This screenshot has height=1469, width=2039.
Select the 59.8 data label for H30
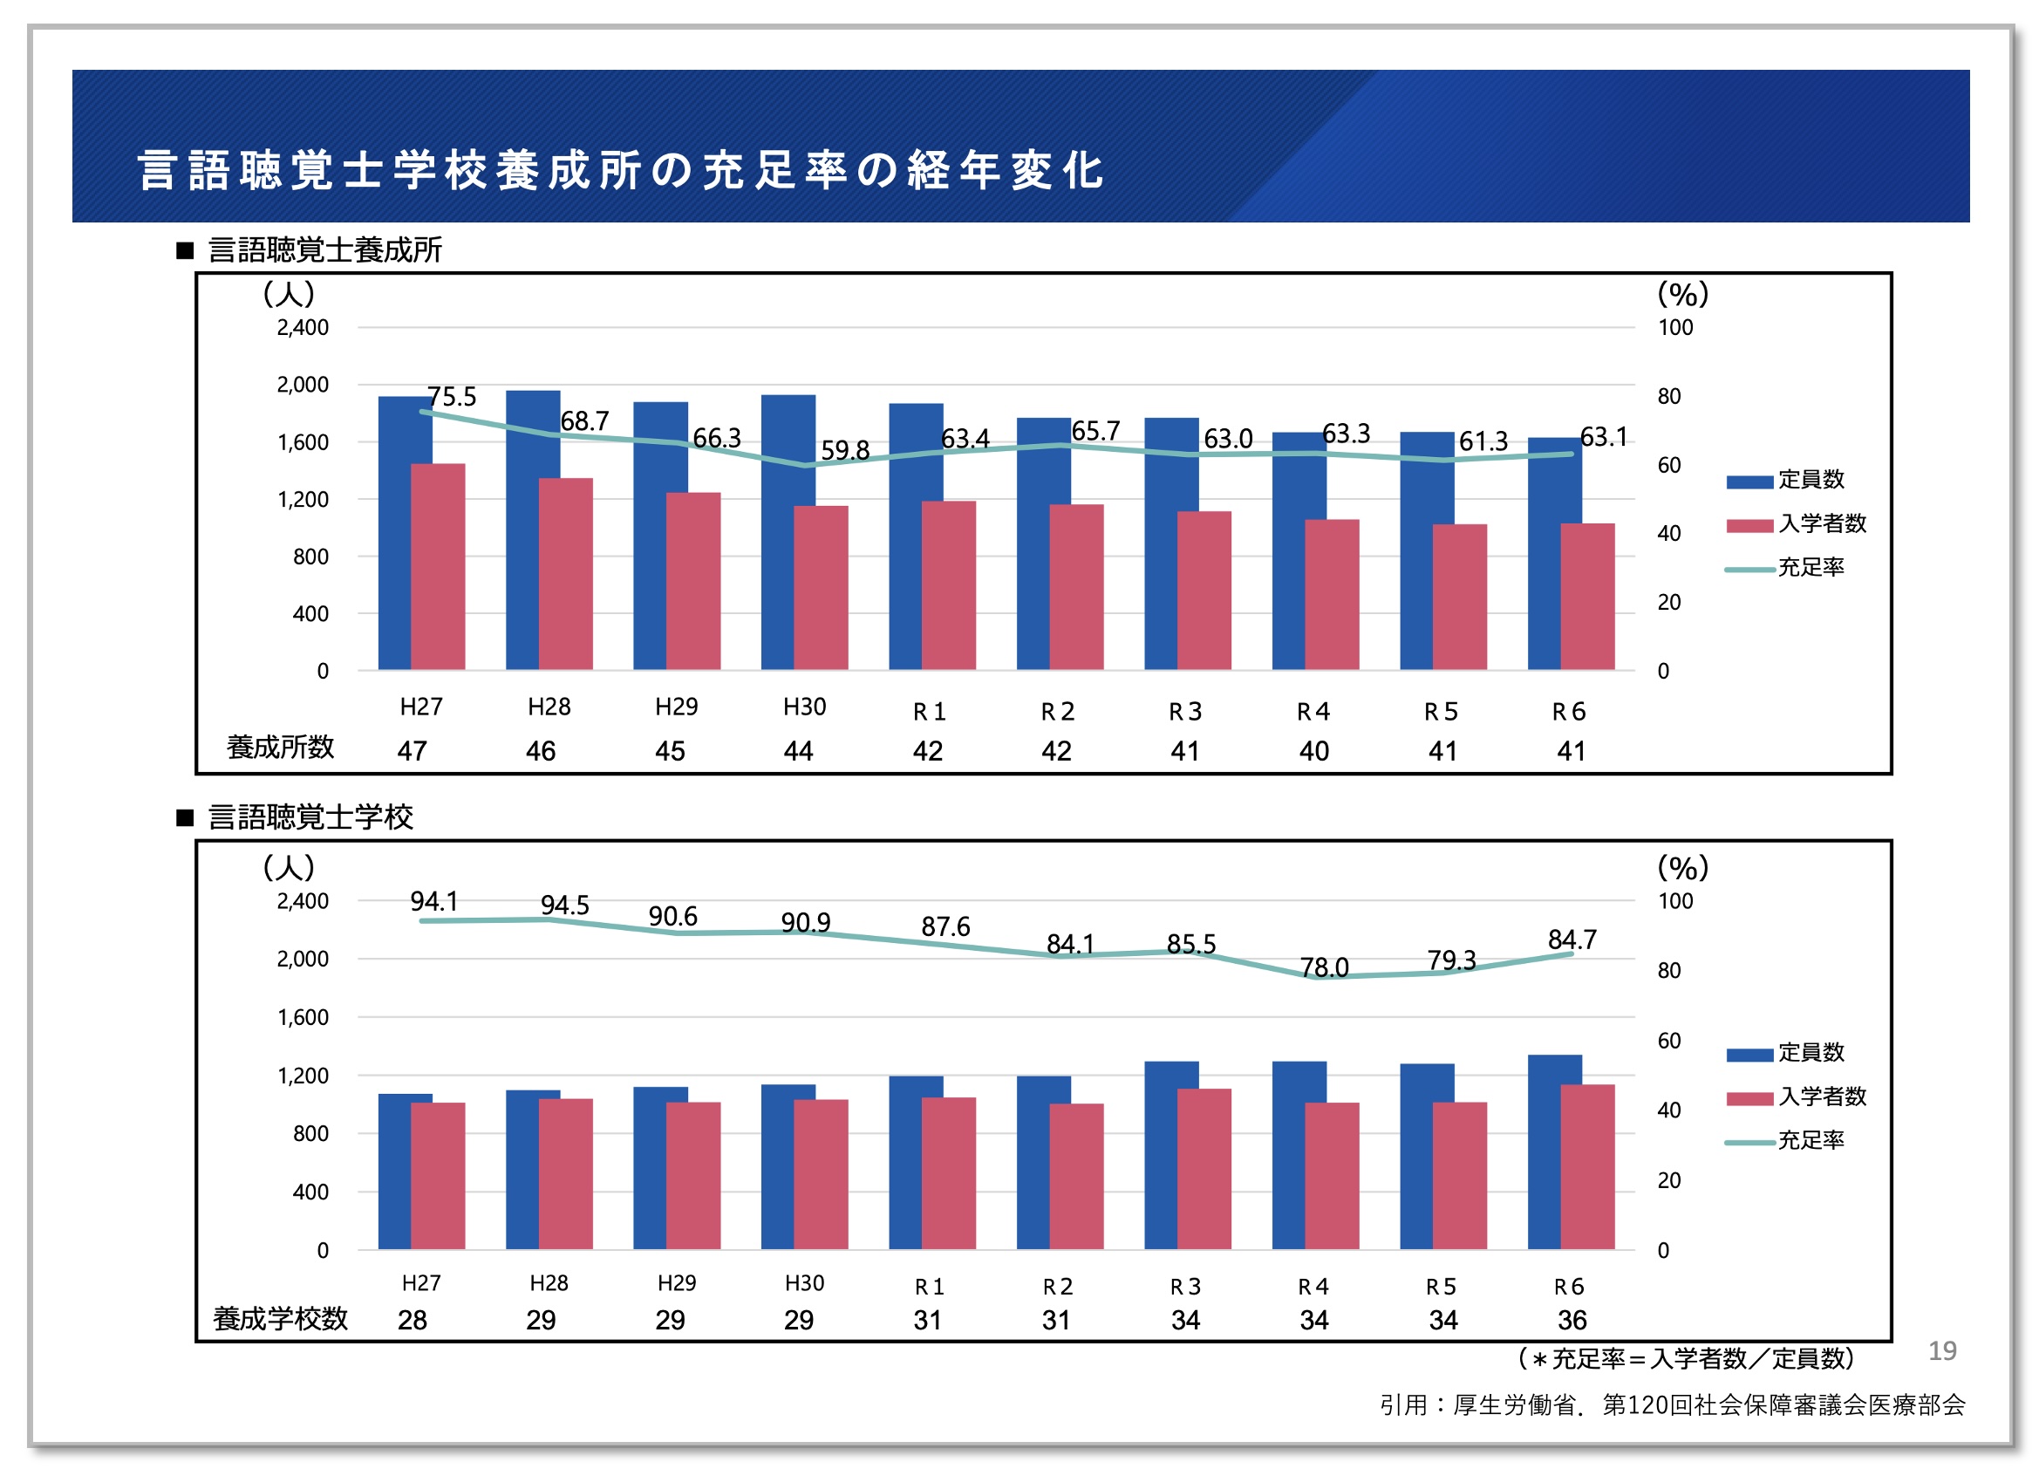[844, 450]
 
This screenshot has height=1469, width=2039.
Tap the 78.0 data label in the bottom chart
[1323, 967]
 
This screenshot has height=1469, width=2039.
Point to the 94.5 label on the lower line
[564, 905]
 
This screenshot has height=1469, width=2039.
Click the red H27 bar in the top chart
[438, 566]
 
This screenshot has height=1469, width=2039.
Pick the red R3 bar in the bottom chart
[1204, 1169]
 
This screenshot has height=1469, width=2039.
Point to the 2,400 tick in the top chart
[302, 328]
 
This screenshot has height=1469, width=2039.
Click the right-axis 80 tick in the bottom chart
[1668, 971]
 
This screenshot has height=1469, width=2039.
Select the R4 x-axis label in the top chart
[1313, 712]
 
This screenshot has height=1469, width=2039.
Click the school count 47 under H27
[412, 751]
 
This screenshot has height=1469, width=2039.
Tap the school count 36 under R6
[1572, 1320]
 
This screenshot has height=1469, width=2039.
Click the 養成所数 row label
[280, 747]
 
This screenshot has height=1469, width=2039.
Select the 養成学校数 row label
[280, 1319]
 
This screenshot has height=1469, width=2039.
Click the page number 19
[1942, 1350]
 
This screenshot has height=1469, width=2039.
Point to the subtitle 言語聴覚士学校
[310, 817]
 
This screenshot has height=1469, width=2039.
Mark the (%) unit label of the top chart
[1682, 294]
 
